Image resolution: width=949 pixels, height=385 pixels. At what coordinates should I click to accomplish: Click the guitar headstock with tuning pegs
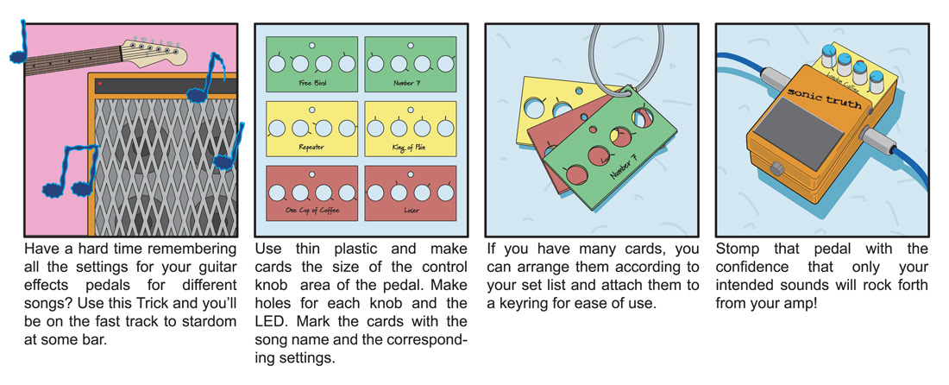(x=155, y=51)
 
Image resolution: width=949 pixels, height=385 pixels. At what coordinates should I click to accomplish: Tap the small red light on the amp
(x=99, y=84)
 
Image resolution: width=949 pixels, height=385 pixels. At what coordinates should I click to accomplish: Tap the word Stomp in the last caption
(x=736, y=249)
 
